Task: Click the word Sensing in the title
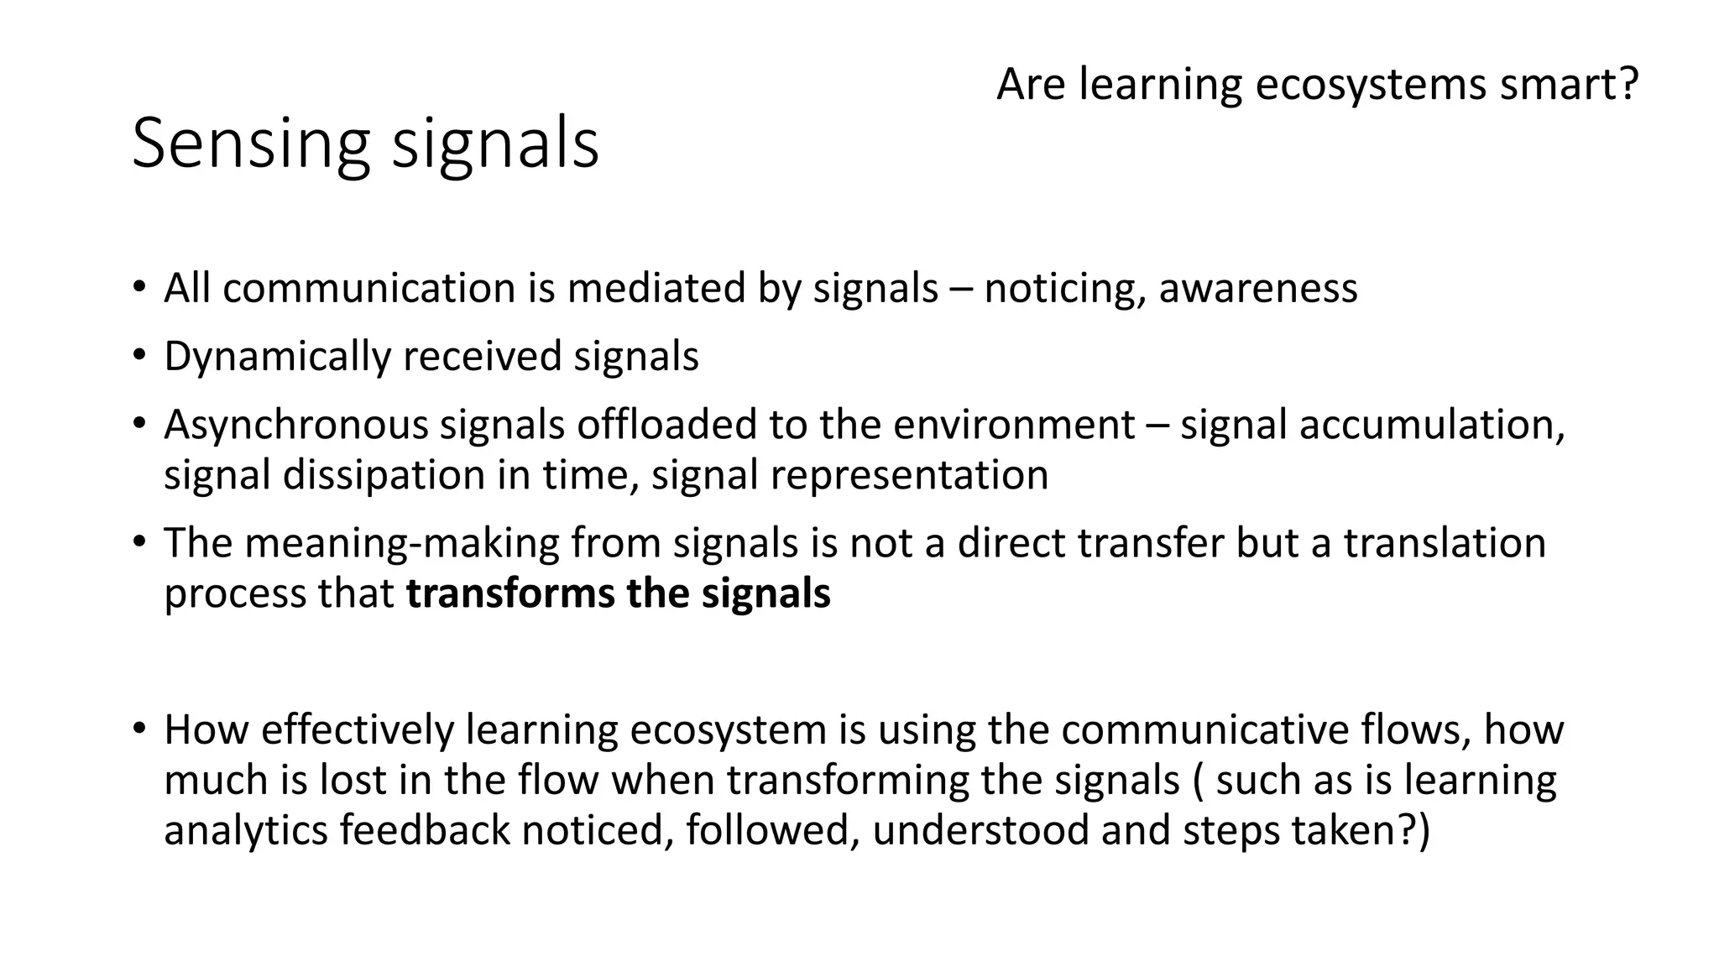point(250,144)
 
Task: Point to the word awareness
point(1257,289)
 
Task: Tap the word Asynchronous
point(295,426)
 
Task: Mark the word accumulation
point(1432,425)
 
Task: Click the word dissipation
point(383,476)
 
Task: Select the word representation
point(909,476)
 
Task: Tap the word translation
point(1445,543)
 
